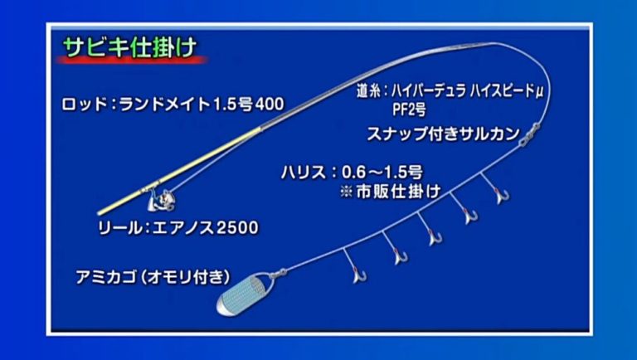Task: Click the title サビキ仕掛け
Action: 130,47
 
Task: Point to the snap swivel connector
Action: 526,139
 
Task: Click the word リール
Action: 112,226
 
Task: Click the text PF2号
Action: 411,108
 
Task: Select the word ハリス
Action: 303,173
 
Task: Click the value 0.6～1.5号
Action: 382,173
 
